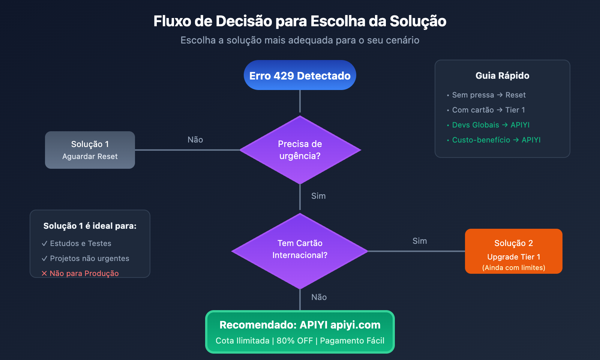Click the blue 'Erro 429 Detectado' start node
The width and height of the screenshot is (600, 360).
(x=300, y=75)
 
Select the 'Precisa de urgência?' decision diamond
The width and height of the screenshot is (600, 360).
(x=300, y=150)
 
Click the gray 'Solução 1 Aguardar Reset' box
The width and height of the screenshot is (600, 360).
(x=90, y=150)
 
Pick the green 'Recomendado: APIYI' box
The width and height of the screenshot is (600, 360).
(x=300, y=332)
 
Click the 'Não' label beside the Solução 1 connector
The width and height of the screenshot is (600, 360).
(x=195, y=140)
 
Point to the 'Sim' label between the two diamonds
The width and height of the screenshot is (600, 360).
(x=318, y=196)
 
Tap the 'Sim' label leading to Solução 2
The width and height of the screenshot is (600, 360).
(x=420, y=241)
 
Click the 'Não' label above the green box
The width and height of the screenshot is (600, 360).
(x=319, y=297)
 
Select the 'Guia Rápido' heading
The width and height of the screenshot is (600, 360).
(x=502, y=76)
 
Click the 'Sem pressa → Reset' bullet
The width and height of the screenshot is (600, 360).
(x=489, y=95)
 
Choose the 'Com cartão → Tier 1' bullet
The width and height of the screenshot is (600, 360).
(x=488, y=110)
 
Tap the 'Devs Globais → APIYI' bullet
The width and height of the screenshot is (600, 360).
(x=490, y=125)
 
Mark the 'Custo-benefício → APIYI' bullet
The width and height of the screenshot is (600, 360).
(x=496, y=140)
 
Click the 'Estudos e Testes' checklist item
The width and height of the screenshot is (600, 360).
(x=80, y=244)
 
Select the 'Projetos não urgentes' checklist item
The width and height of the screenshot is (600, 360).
(x=89, y=259)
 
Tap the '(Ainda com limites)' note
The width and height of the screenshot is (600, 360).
(x=513, y=268)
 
